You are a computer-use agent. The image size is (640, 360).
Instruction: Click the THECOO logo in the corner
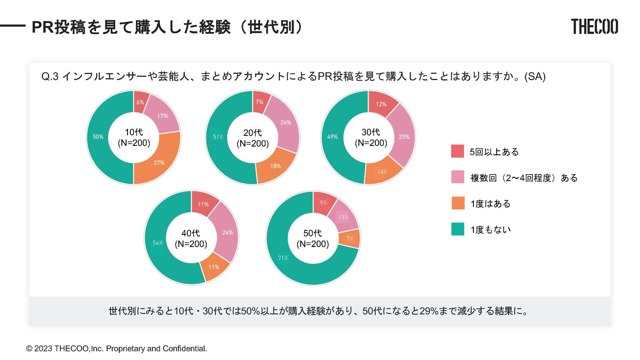pos(594,27)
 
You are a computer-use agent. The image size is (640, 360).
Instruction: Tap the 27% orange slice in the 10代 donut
pos(159,163)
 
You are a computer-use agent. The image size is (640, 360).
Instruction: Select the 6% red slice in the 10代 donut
pos(140,102)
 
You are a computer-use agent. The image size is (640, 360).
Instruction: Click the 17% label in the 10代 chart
pos(162,116)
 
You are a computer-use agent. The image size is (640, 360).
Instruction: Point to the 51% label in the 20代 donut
pos(218,137)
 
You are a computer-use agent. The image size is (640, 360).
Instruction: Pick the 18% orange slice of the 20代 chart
pos(275,166)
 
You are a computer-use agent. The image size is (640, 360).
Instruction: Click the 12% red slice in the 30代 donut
pos(381,104)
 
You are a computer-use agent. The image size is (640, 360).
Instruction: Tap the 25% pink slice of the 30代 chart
pos(404,137)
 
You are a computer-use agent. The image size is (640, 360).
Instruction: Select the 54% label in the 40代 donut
pos(158,243)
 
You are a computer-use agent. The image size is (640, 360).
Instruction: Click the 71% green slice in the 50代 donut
pos(283,258)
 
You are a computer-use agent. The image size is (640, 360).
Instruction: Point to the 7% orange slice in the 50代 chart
pos(350,239)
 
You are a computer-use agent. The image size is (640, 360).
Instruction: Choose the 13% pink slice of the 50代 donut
pos(343,217)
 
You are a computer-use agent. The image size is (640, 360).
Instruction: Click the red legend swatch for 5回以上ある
pos(458,151)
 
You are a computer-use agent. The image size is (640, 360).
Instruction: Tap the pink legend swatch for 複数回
pos(458,177)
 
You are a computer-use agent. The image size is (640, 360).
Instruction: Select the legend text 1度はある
pos(490,204)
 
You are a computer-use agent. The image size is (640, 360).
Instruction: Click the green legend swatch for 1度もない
pos(458,229)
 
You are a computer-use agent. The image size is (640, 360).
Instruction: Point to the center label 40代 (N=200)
pos(191,239)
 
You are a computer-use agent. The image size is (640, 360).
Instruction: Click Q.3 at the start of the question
pos(50,76)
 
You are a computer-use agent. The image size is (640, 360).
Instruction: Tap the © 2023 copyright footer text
pos(117,349)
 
